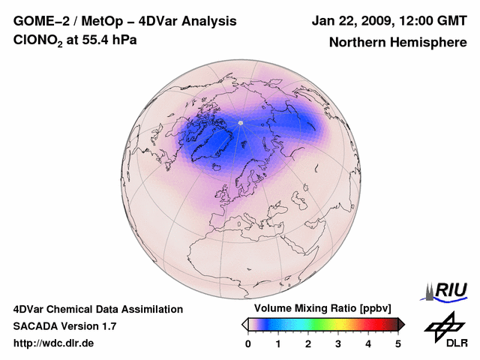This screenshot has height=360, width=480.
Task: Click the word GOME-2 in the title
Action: coord(38,21)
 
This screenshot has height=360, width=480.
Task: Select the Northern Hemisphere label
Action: coord(397,43)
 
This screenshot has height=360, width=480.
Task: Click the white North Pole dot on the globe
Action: coord(240,122)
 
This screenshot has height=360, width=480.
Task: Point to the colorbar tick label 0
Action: coord(248,343)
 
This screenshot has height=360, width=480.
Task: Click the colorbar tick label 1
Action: coord(278,343)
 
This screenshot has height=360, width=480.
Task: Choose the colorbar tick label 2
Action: coord(308,343)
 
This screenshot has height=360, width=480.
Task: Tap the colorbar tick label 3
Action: coord(338,343)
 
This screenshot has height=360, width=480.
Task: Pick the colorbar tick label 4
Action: coord(368,343)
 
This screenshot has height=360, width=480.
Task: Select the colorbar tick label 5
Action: coord(398,343)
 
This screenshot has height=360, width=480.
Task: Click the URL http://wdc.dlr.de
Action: coord(54,343)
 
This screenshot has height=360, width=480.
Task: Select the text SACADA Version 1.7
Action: coord(64,326)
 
